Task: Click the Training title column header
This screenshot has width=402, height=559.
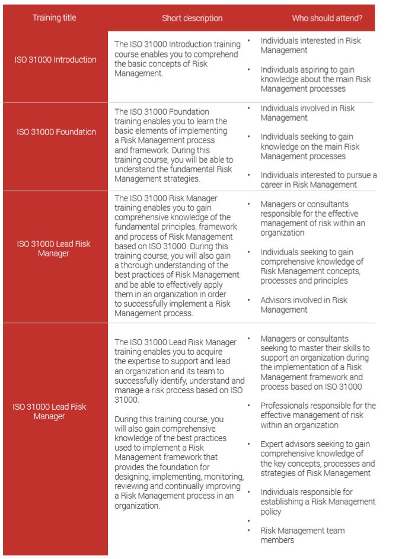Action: pos(54,18)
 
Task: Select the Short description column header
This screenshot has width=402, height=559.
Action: pos(192,18)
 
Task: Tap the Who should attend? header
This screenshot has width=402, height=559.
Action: pos(327,18)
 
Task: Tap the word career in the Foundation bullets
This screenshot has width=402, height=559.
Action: pos(274,185)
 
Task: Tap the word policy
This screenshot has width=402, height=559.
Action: pos(271,512)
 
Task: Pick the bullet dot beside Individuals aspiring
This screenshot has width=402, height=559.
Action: pos(249,70)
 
